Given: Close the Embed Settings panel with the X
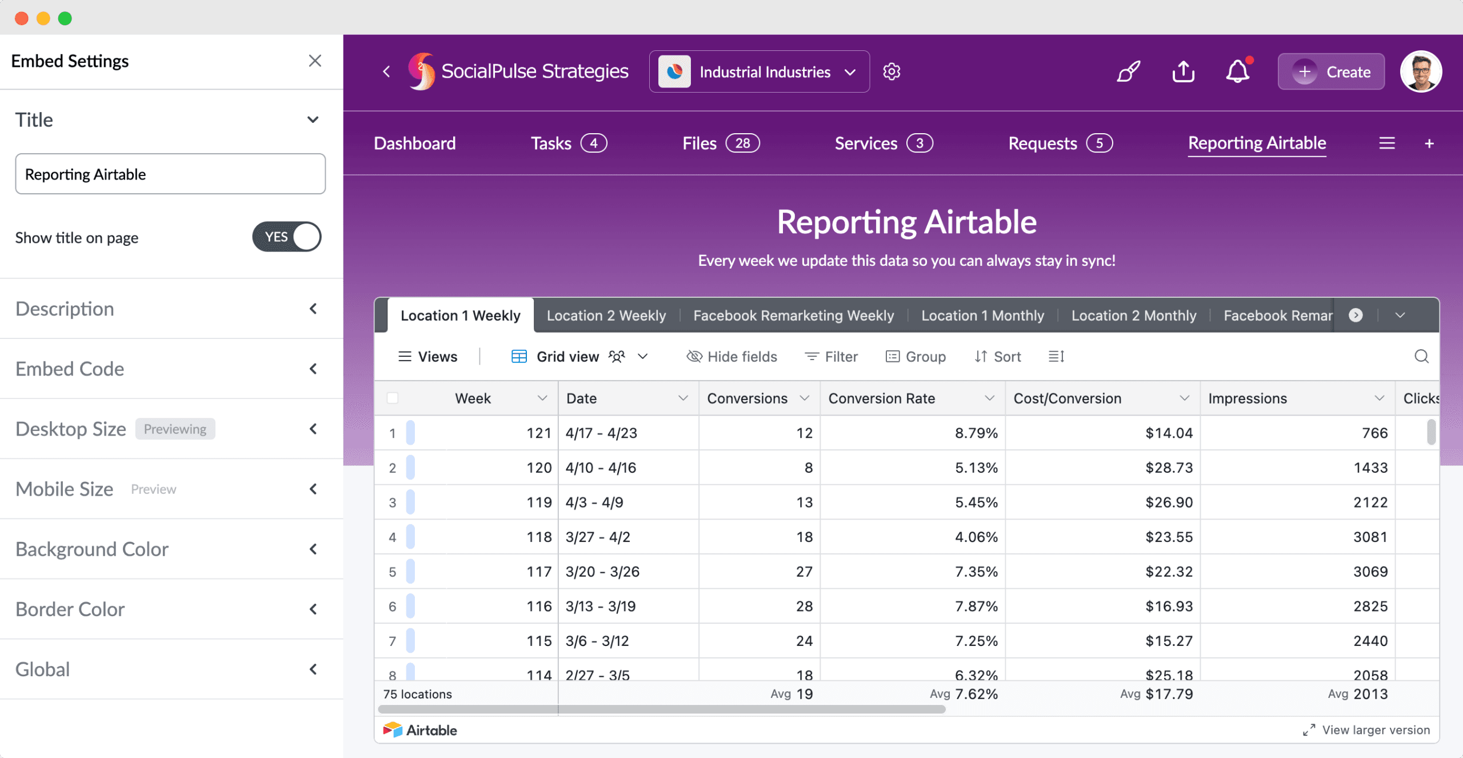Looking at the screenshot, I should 315,61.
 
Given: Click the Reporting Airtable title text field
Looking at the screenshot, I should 170,174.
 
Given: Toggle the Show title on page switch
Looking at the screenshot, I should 287,237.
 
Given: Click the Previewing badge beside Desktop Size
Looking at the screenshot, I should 175,429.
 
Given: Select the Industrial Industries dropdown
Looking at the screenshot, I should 759,72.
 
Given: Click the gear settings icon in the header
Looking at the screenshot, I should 892,72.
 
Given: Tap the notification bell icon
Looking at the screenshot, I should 1237,72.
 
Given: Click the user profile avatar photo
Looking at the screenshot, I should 1421,72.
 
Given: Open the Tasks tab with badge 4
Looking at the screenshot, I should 568,143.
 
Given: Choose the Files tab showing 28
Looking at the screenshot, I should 720,143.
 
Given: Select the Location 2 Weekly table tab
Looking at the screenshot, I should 606,316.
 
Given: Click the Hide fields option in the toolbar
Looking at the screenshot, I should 732,357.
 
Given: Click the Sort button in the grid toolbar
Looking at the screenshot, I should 998,357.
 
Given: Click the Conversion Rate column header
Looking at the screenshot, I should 882,398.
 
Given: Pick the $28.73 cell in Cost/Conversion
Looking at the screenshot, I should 1168,468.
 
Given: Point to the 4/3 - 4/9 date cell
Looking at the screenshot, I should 594,502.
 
